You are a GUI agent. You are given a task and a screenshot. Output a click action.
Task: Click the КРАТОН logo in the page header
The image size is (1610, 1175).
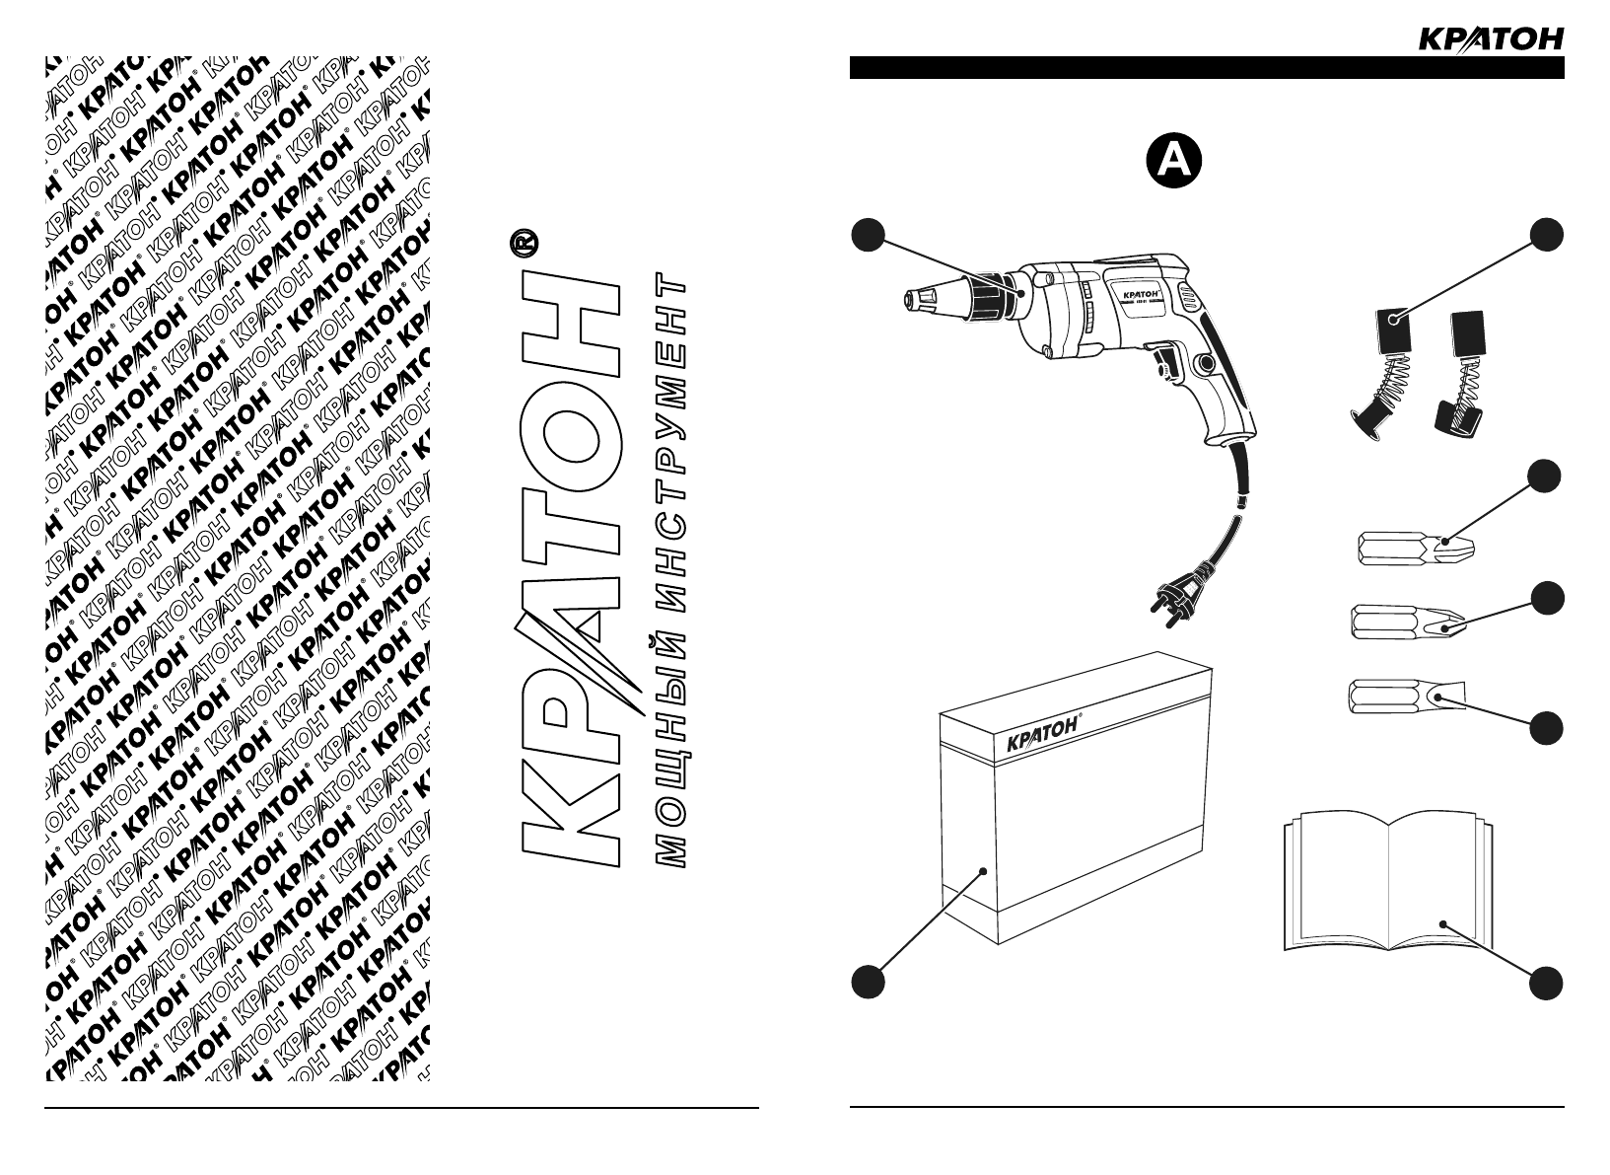(x=1490, y=38)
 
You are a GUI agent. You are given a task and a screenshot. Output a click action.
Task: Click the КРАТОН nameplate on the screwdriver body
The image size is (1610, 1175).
(x=1144, y=292)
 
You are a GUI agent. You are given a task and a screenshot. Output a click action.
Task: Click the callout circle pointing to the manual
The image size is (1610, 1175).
(x=1547, y=984)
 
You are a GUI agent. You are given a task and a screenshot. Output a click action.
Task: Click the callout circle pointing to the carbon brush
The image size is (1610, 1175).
(x=1547, y=235)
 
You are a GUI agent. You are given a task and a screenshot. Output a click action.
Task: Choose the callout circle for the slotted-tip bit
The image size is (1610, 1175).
(x=1547, y=728)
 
